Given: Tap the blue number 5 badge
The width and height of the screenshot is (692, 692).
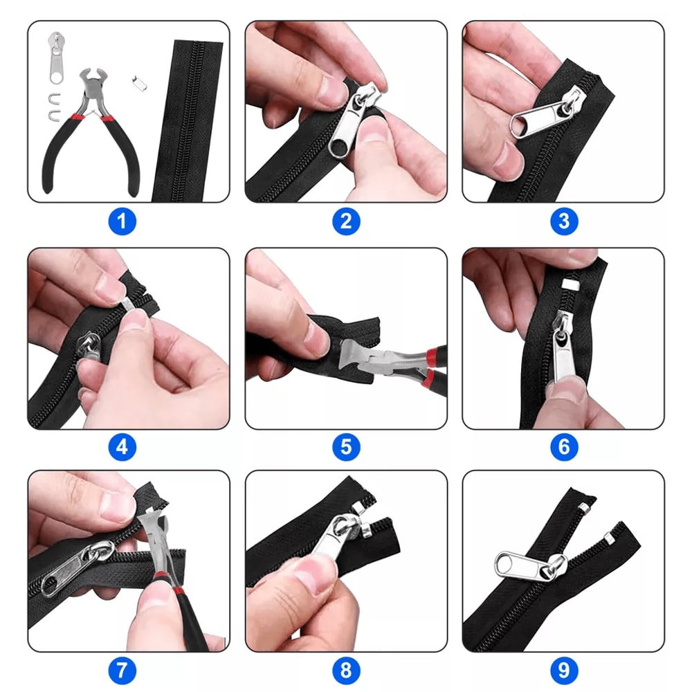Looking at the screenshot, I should (346, 446).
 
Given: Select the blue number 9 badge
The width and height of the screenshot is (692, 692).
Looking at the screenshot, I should (564, 671).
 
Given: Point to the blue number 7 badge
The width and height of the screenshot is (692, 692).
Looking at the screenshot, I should (122, 671).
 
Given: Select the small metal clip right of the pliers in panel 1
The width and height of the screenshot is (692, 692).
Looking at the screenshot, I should (138, 81).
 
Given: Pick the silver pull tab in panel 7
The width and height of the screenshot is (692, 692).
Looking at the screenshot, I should (69, 571).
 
